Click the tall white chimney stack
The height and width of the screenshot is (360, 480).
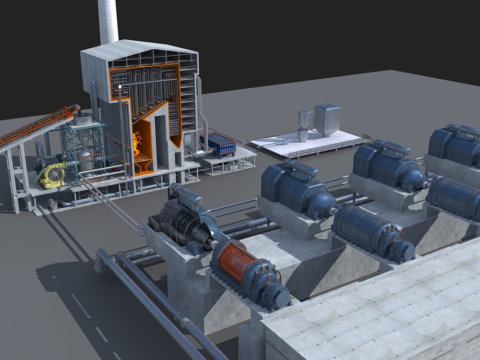(x=108, y=22)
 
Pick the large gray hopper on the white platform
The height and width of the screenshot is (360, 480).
(x=327, y=120)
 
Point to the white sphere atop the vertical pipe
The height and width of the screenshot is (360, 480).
(x=120, y=87)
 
